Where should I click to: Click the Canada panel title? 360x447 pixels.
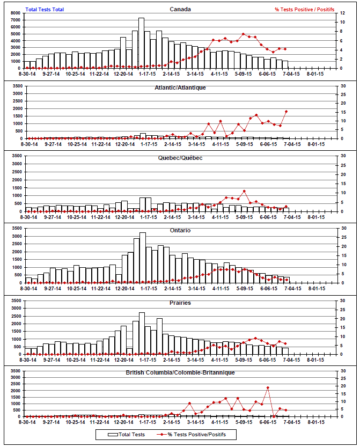[180, 9]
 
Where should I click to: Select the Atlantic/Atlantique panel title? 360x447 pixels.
[180, 87]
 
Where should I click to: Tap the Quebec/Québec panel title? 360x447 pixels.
[180, 158]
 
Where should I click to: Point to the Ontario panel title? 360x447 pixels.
[180, 231]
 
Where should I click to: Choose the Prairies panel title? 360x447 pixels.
[180, 303]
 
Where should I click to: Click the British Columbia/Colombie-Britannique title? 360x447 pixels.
[180, 372]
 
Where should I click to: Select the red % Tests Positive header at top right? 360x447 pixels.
[304, 10]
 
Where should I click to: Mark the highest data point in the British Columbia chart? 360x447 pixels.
[268, 387]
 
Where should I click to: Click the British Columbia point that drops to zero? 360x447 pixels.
[274, 416]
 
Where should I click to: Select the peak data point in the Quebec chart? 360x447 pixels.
[244, 191]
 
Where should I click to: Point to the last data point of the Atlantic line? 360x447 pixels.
[286, 112]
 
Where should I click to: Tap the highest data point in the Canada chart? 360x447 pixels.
[244, 34]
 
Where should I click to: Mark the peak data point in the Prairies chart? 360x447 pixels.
[255, 339]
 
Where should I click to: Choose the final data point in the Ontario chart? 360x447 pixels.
[286, 280]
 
